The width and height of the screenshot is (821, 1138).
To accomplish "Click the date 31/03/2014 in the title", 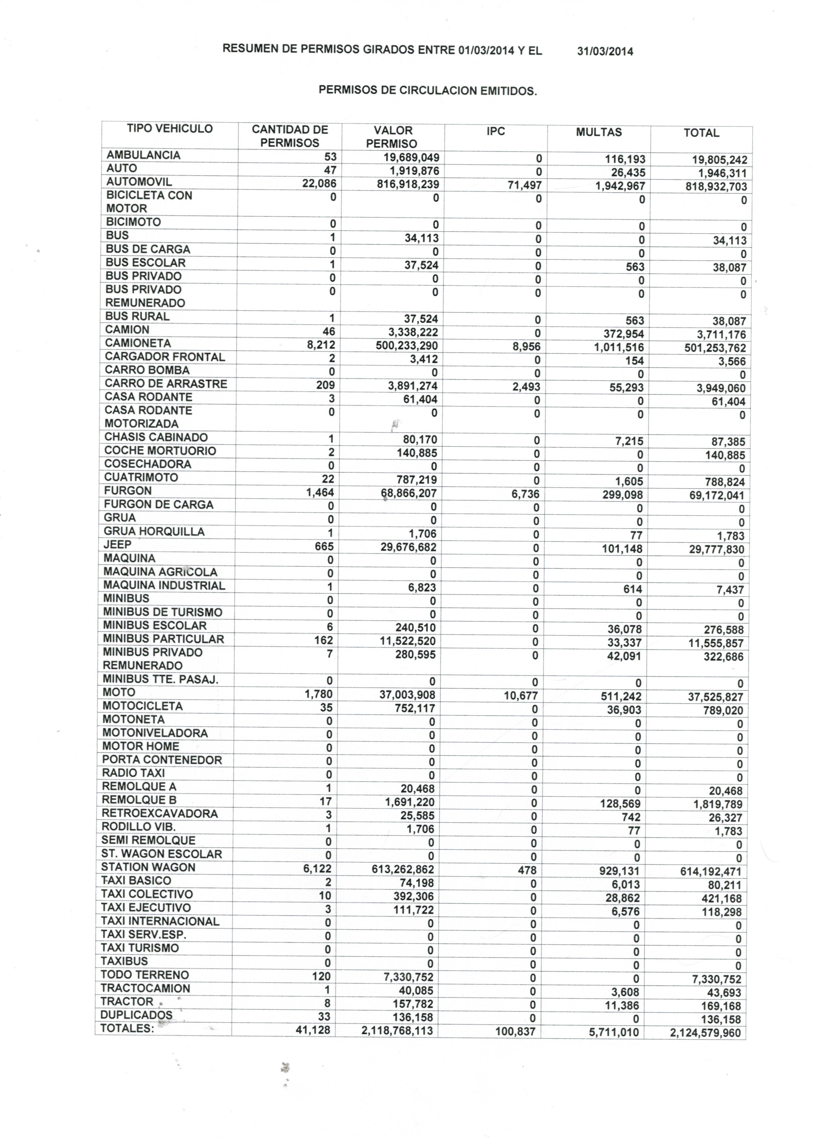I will coord(605,51).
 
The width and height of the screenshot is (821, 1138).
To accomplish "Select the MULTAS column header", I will coord(599,132).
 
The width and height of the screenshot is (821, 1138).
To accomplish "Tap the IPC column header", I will coord(495,131).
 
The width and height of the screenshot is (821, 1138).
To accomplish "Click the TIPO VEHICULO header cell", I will coord(169,128).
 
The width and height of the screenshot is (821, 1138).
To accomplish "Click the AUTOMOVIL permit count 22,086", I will coord(319,184).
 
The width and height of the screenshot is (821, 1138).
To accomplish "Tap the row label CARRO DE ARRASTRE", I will coord(166,384).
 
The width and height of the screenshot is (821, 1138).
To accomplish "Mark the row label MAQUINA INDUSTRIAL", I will coord(164,586).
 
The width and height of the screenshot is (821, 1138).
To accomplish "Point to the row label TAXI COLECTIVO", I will coord(147,894).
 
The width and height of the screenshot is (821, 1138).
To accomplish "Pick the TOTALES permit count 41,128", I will coord(313,1030).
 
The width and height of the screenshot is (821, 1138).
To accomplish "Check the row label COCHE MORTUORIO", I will coord(160,451).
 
